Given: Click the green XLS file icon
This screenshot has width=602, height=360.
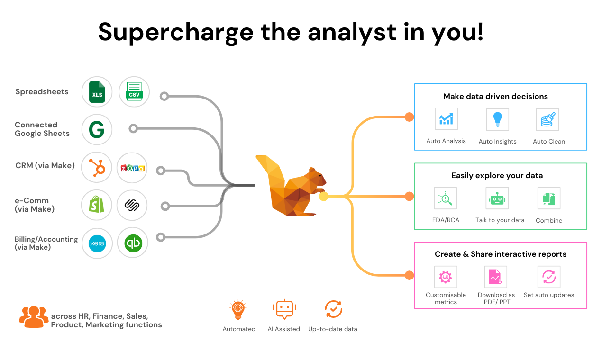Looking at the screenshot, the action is click(x=97, y=92).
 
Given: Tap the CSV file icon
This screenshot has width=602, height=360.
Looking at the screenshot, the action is click(x=134, y=91).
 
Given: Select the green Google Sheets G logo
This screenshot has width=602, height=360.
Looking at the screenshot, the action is click(x=97, y=129).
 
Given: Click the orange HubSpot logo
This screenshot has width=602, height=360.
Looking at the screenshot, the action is click(x=97, y=168).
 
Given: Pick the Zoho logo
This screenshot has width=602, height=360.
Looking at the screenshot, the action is click(x=133, y=168).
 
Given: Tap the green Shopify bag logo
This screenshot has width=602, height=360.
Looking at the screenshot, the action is click(x=97, y=204).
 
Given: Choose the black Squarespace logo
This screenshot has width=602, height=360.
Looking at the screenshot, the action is click(x=132, y=205).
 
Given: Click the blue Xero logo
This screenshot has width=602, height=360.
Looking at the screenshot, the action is click(x=97, y=243).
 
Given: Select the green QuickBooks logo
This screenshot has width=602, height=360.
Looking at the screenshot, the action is click(x=133, y=243).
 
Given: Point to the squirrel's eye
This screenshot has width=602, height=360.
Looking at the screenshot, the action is click(x=320, y=176).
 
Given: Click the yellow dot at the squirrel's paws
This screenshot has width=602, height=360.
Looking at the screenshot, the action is click(x=324, y=197).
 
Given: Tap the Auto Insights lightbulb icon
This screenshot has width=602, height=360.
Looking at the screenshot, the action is click(x=497, y=119).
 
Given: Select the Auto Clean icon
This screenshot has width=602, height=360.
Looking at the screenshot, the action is click(x=547, y=119).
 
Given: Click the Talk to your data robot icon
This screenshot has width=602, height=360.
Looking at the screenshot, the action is click(x=497, y=198).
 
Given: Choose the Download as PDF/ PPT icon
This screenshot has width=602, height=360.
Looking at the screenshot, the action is click(x=495, y=277).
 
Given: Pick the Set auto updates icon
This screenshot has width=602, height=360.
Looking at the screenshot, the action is click(x=549, y=277).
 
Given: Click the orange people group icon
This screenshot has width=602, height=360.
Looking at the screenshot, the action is click(x=34, y=317).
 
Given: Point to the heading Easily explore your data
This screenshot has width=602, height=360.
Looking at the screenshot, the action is click(x=497, y=175).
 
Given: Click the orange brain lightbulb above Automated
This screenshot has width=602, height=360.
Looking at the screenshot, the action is click(x=238, y=309).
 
